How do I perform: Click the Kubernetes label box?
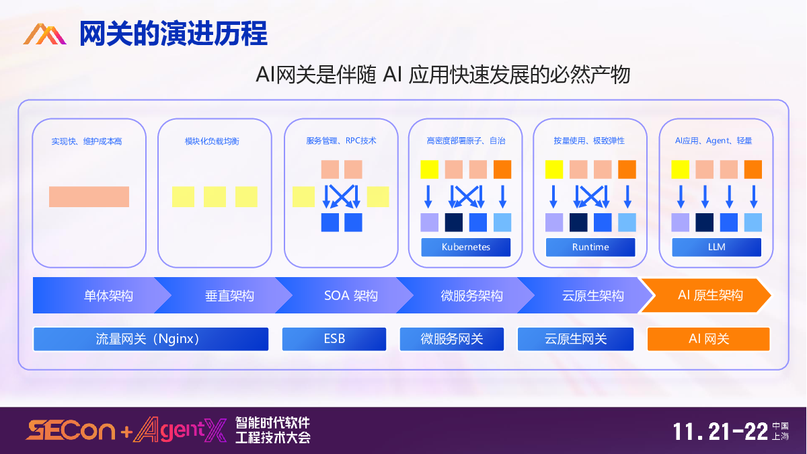pyautogui.click(x=466, y=247)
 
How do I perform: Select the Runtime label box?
pyautogui.click(x=590, y=247)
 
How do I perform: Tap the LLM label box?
pyautogui.click(x=716, y=247)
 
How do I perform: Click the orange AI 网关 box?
pyautogui.click(x=708, y=339)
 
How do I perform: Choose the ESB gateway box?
pyautogui.click(x=334, y=339)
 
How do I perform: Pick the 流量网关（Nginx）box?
pyautogui.click(x=151, y=339)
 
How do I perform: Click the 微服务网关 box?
pyautogui.click(x=452, y=339)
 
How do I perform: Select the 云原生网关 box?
pyautogui.click(x=576, y=339)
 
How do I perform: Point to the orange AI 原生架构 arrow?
pyautogui.click(x=706, y=295)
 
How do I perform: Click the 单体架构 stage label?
pyautogui.click(x=108, y=295)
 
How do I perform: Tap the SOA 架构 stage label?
pyautogui.click(x=350, y=295)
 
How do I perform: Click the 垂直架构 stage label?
pyautogui.click(x=229, y=295)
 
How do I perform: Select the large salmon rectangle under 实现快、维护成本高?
pyautogui.click(x=89, y=196)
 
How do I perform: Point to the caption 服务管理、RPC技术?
pyautogui.click(x=341, y=141)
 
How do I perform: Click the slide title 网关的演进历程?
pyautogui.click(x=174, y=34)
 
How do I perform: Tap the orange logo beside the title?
pyautogui.click(x=44, y=34)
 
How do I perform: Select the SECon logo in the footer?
pyautogui.click(x=70, y=430)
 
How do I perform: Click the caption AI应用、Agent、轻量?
pyautogui.click(x=714, y=141)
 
